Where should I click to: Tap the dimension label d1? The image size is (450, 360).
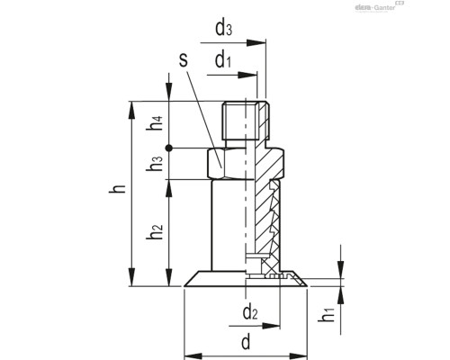(x=224, y=60)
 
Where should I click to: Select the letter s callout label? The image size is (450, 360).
(x=183, y=61)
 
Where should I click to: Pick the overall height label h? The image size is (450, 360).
(x=115, y=192)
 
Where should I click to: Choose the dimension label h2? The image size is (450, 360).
(x=157, y=232)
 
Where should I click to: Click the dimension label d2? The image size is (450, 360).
(x=250, y=315)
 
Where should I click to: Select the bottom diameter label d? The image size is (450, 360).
(x=246, y=343)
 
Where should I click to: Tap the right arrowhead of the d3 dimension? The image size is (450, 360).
(x=266, y=40)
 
